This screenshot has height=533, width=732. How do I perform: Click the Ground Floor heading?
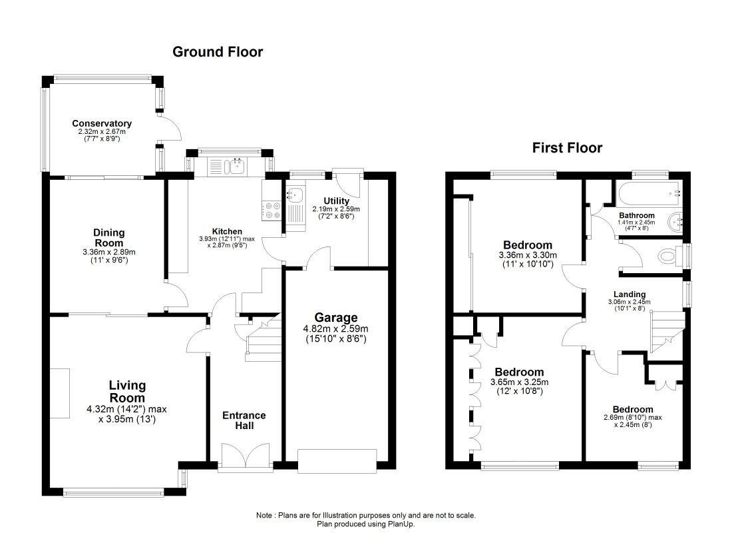tap(218, 52)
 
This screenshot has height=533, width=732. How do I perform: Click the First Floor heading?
tap(567, 148)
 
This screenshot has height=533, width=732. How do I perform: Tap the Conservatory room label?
tap(102, 123)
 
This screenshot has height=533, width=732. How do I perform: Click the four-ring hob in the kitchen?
tap(272, 210)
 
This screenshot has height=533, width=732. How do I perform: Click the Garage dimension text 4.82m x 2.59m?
tap(335, 328)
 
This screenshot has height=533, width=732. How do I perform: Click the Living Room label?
tap(127, 392)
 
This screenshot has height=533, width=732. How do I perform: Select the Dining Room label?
tap(108, 237)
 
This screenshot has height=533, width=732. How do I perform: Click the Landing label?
tap(630, 294)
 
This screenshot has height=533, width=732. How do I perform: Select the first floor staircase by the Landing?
tap(667, 332)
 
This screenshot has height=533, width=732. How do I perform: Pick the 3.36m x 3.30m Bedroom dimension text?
tap(528, 255)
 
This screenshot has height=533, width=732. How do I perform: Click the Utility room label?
tap(336, 201)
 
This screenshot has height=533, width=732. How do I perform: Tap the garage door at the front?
tap(337, 462)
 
